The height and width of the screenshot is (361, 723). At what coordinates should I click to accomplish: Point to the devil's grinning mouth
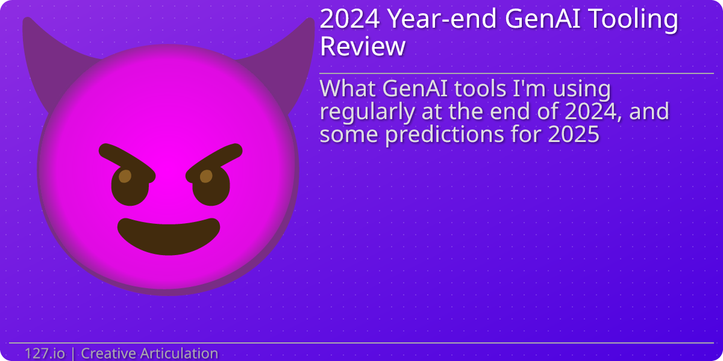coord(169,235)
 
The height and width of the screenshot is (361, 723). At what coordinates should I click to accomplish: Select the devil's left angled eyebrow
coord(127,159)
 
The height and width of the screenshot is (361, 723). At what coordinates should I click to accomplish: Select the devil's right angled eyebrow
coord(214,159)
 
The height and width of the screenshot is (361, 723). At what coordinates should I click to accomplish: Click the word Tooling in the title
coord(642,20)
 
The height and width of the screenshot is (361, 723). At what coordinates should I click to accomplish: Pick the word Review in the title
coord(362,46)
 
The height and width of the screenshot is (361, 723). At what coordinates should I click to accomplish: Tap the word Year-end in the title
coord(443,19)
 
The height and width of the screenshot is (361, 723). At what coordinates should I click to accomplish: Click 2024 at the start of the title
coord(349,19)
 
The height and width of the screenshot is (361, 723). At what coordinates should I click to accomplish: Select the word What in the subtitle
coord(348,89)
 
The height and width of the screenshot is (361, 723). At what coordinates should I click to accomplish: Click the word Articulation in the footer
coord(180,353)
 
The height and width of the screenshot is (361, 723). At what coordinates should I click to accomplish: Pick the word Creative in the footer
coord(109,353)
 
